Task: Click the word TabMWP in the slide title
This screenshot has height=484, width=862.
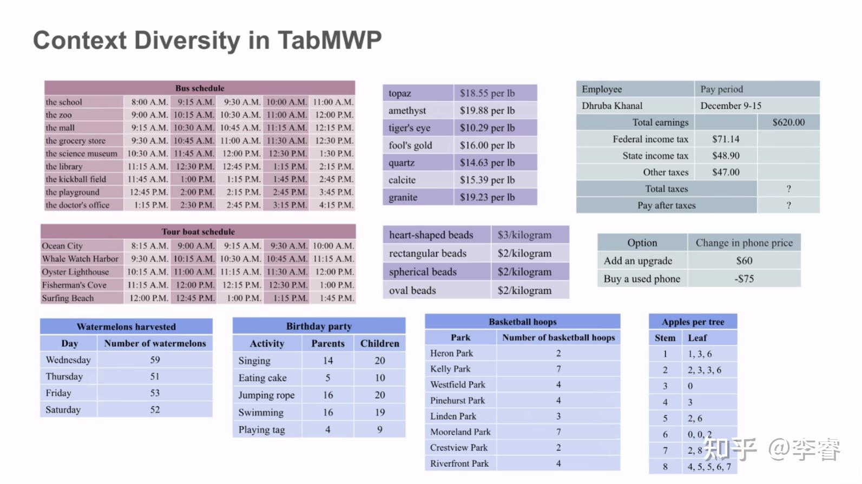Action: coord(329,40)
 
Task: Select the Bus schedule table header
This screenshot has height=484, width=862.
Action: coord(199,88)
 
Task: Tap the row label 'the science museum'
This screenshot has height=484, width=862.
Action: coord(81,154)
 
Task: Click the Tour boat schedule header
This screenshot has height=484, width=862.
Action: coord(198,231)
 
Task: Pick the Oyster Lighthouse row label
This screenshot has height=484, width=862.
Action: coord(75,272)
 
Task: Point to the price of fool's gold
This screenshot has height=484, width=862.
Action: coord(487,145)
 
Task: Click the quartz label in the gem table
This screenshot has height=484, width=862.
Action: coord(401,163)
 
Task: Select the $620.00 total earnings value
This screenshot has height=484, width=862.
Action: coord(788,122)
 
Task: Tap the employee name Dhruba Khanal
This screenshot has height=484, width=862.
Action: coord(612,106)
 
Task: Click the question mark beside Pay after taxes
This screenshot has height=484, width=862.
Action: coord(788,205)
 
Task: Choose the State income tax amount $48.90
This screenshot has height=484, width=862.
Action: coord(726,156)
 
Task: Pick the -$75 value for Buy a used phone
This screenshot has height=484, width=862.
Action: coord(744,279)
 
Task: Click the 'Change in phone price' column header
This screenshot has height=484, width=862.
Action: coord(744,243)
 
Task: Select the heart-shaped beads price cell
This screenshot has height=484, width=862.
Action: coord(524,235)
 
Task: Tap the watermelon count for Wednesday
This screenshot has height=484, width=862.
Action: coord(155,360)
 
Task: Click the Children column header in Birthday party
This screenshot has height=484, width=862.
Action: coord(380,343)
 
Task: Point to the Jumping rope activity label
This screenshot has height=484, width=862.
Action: coord(266,395)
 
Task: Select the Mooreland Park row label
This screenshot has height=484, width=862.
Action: coord(460,432)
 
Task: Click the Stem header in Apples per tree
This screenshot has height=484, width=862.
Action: coord(665,338)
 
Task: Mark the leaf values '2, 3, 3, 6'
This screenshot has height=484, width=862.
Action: coord(704,370)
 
